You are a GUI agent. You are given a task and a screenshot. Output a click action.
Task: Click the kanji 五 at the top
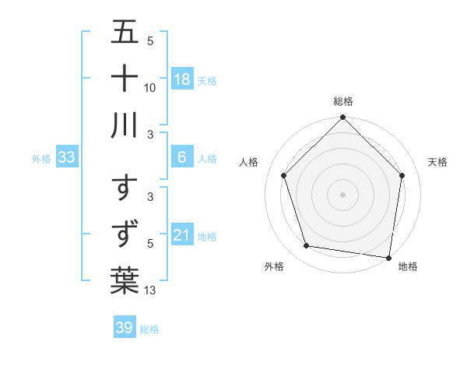coord(125,33)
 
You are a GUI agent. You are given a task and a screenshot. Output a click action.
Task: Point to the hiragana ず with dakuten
coord(125,234)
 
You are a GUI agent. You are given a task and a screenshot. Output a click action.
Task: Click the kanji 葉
coord(125,280)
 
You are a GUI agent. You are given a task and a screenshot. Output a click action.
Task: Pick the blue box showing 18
coord(182,79)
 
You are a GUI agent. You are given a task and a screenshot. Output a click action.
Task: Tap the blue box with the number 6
coord(182,158)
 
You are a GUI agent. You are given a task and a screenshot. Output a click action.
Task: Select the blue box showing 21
coord(182,235)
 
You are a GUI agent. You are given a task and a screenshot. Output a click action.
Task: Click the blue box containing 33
coord(67,158)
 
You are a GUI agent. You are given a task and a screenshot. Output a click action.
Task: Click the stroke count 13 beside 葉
coord(151,291)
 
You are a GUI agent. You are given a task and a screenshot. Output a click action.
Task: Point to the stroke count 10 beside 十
coord(151,87)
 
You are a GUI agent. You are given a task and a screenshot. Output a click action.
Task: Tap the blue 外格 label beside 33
coord(41,159)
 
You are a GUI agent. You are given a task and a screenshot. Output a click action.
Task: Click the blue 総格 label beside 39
coord(149,329)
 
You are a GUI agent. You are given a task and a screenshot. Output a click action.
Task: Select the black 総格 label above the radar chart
coord(343,101)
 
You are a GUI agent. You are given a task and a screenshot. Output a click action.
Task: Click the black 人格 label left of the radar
coord(250,162)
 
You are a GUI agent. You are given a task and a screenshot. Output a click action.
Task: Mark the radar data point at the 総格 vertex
coord(342,118)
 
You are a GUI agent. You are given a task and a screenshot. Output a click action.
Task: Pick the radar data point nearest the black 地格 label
coord(389,257)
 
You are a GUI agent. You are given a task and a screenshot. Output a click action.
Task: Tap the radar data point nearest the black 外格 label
coord(307,246)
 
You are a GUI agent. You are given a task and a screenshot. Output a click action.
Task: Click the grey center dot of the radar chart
coord(342,194)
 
